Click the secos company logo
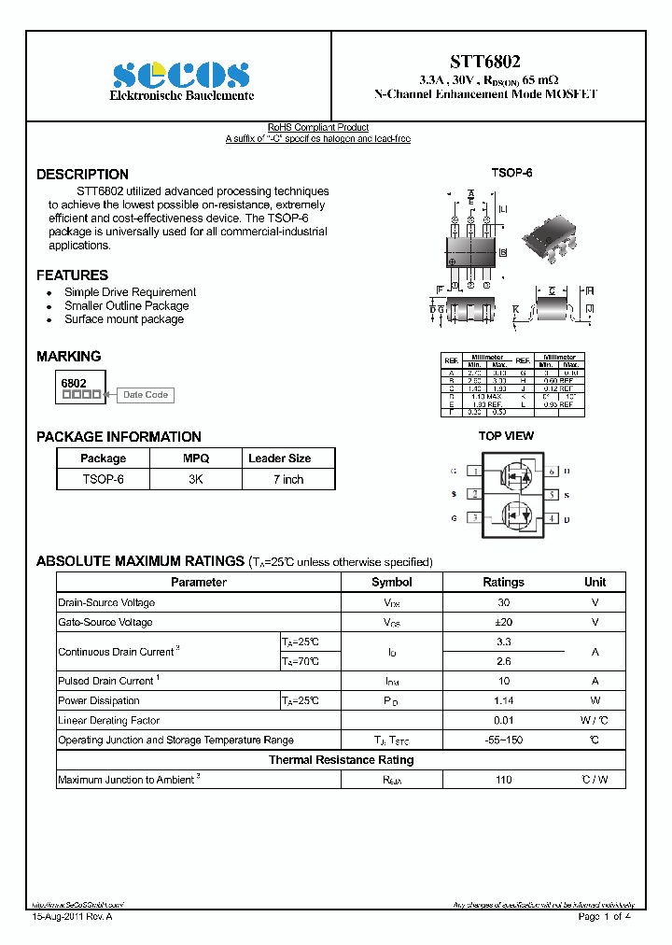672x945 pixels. (181, 75)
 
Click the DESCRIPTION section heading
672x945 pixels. (82, 175)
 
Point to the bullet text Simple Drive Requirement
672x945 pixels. (130, 292)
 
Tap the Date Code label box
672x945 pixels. (146, 395)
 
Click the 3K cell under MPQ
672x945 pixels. (196, 479)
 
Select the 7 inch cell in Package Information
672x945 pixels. (288, 479)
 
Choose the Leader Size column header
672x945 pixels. (279, 458)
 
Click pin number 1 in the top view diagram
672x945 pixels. (475, 472)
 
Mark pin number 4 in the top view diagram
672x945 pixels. (552, 518)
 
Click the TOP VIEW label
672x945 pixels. (506, 436)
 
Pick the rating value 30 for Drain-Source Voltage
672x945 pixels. (503, 602)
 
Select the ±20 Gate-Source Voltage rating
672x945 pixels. (503, 622)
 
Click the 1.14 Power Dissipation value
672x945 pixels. (503, 700)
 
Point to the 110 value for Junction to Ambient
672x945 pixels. (503, 780)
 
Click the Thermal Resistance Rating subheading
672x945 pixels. (341, 760)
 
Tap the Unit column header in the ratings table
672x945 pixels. (595, 582)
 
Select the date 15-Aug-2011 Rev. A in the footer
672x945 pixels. (72, 917)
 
